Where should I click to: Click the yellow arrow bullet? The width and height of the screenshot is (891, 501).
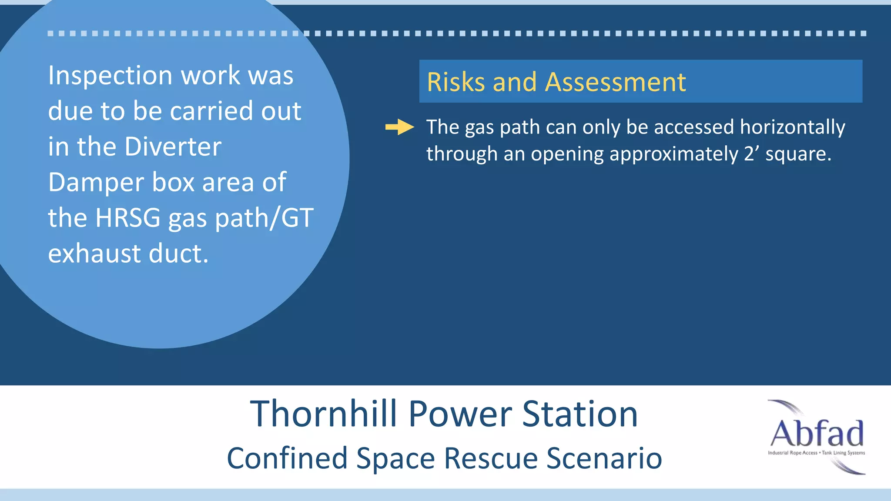pyautogui.click(x=399, y=127)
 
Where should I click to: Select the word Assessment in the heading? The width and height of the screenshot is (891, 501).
pyautogui.click(x=615, y=82)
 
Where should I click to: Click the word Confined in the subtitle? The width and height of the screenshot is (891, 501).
pyautogui.click(x=287, y=458)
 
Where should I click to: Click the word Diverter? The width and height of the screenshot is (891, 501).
pyautogui.click(x=173, y=147)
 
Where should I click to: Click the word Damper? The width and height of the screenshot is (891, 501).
pyautogui.click(x=96, y=182)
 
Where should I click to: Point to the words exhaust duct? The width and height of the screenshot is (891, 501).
pyautogui.click(x=128, y=254)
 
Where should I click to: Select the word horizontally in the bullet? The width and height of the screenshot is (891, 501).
pyautogui.click(x=792, y=127)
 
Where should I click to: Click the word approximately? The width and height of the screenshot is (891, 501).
pyautogui.click(x=673, y=154)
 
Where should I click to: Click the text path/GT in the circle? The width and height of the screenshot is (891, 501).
pyautogui.click(x=264, y=218)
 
